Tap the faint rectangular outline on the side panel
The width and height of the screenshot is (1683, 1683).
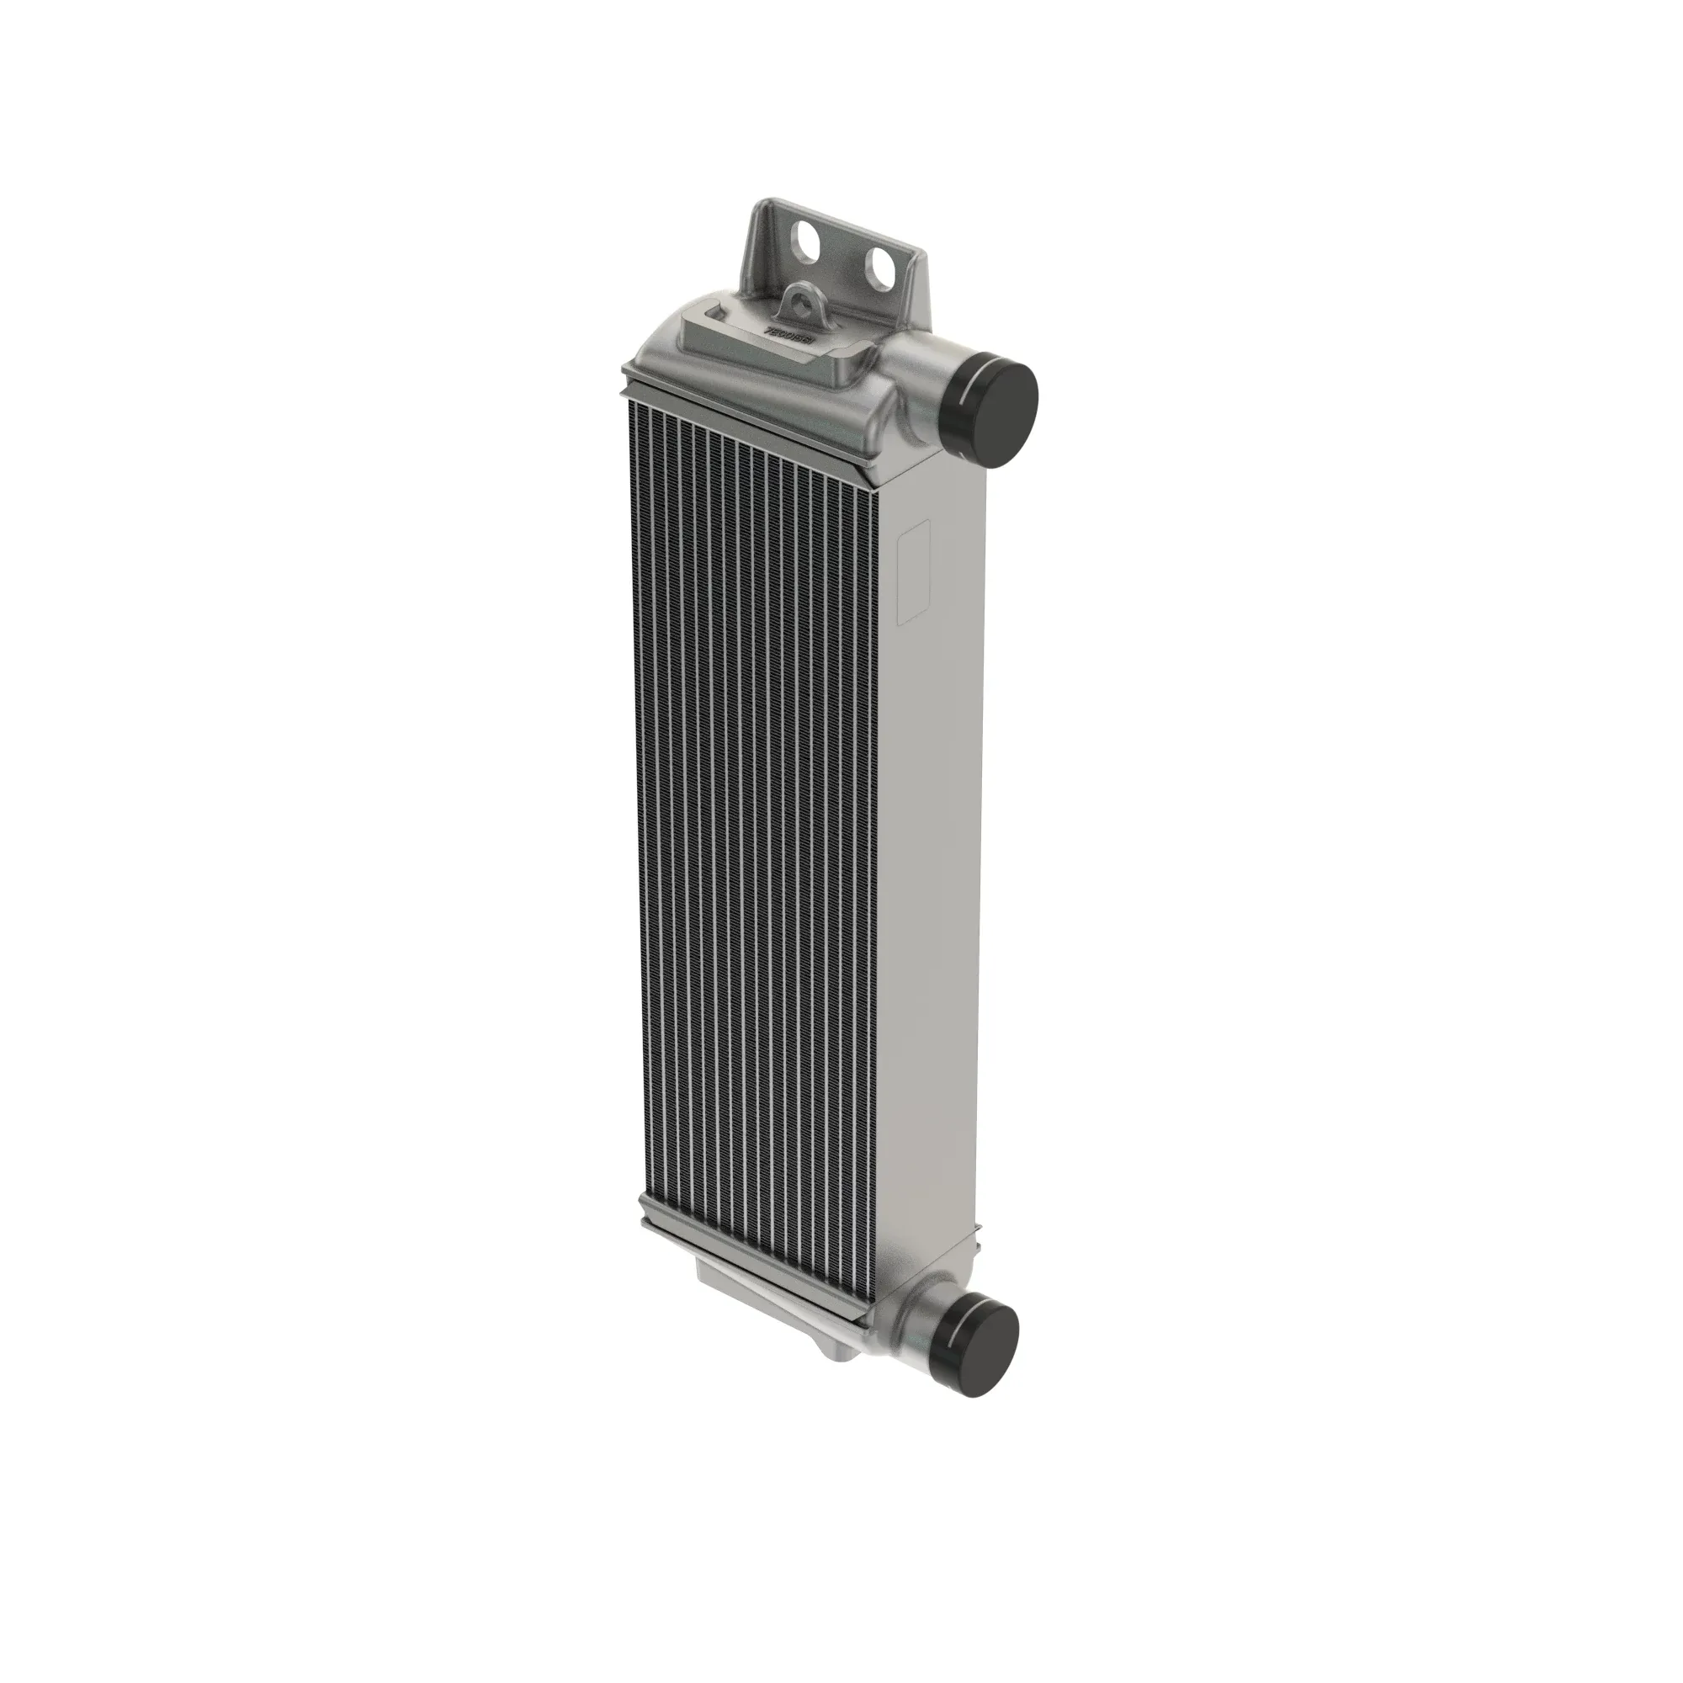point(914,571)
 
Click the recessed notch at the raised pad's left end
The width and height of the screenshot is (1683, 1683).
point(716,311)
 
